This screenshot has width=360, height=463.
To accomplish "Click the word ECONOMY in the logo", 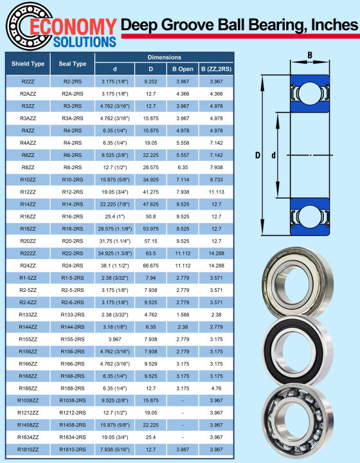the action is tap(73, 27).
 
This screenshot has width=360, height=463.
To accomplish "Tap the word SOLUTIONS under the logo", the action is tap(85, 42).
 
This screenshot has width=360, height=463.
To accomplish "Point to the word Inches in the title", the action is tap(335, 24).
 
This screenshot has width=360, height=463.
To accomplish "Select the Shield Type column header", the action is tap(28, 64).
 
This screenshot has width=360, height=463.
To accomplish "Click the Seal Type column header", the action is tap(72, 64).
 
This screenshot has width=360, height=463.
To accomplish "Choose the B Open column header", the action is tap(183, 69).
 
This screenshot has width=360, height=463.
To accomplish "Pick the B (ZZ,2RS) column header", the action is tap(216, 69).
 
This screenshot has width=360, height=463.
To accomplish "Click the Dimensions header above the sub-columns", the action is tap(165, 57).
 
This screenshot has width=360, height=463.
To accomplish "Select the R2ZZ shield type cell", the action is tap(28, 82).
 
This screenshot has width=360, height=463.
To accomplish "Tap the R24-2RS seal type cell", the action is tap(72, 266).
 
